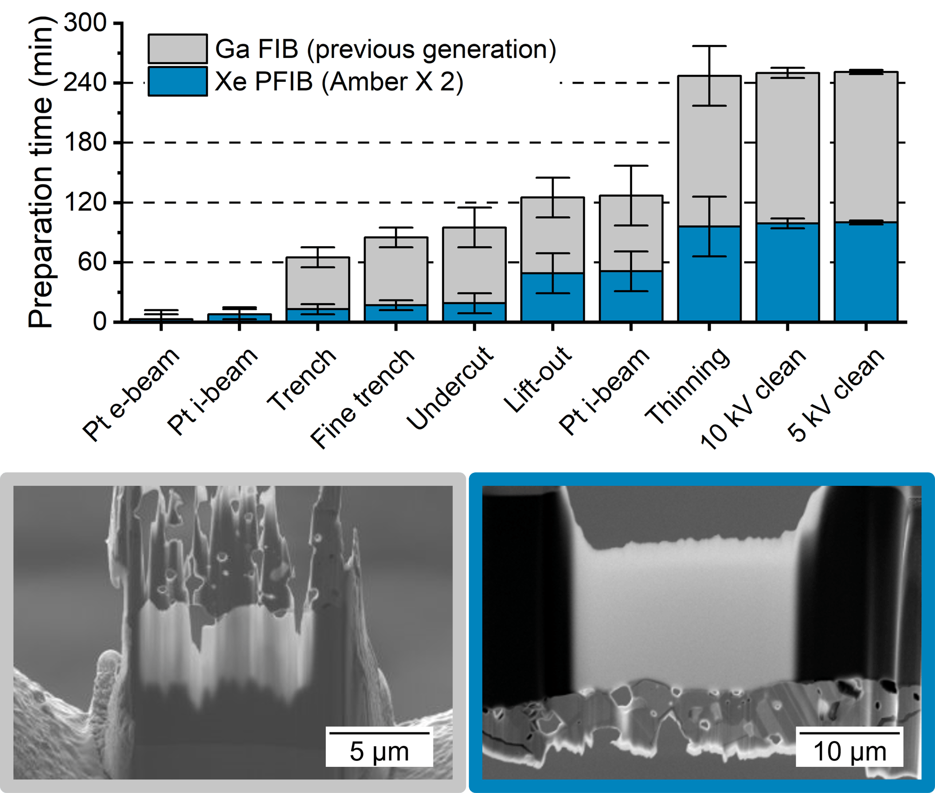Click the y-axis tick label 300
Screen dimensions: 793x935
point(86,22)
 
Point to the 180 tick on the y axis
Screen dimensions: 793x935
point(86,142)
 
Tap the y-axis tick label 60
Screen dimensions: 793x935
point(93,262)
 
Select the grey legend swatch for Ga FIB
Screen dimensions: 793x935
point(178,49)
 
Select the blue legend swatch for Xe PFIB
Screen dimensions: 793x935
point(178,81)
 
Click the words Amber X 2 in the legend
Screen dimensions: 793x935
point(392,82)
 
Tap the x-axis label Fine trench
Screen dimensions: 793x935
point(362,398)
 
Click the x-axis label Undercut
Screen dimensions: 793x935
point(450,388)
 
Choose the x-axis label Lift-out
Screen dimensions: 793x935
point(538,379)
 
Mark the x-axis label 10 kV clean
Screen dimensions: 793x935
point(753,398)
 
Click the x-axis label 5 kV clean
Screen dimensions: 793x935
point(836,395)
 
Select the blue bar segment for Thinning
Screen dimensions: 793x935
point(709,280)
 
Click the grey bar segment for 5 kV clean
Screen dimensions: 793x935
point(866,147)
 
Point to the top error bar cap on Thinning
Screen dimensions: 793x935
point(709,46)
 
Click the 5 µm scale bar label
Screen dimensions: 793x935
point(379,751)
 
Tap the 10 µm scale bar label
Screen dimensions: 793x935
point(849,751)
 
